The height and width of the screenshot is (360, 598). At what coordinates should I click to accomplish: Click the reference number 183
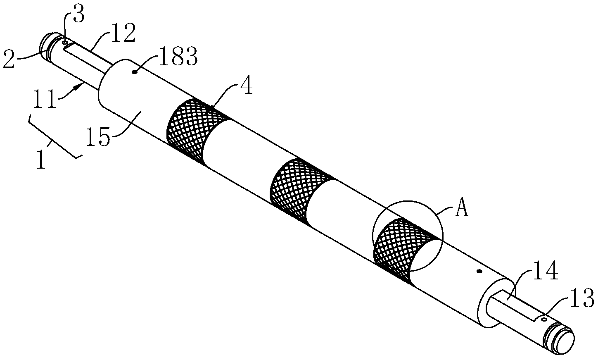coord(178,56)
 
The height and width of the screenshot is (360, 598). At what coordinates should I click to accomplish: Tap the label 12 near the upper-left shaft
coord(123,33)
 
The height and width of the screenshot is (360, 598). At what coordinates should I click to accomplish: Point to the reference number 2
coord(9,60)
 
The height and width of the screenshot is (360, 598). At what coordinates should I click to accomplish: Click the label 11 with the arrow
coord(45,99)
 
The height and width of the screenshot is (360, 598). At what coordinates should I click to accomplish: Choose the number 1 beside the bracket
coord(41,160)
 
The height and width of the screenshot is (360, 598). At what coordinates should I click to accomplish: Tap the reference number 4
coord(246,86)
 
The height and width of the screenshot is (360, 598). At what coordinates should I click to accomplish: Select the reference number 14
coord(546,271)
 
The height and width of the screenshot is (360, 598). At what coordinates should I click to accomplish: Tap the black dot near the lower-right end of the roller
coord(479,272)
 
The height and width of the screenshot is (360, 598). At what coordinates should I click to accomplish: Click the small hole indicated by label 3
coord(64,42)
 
